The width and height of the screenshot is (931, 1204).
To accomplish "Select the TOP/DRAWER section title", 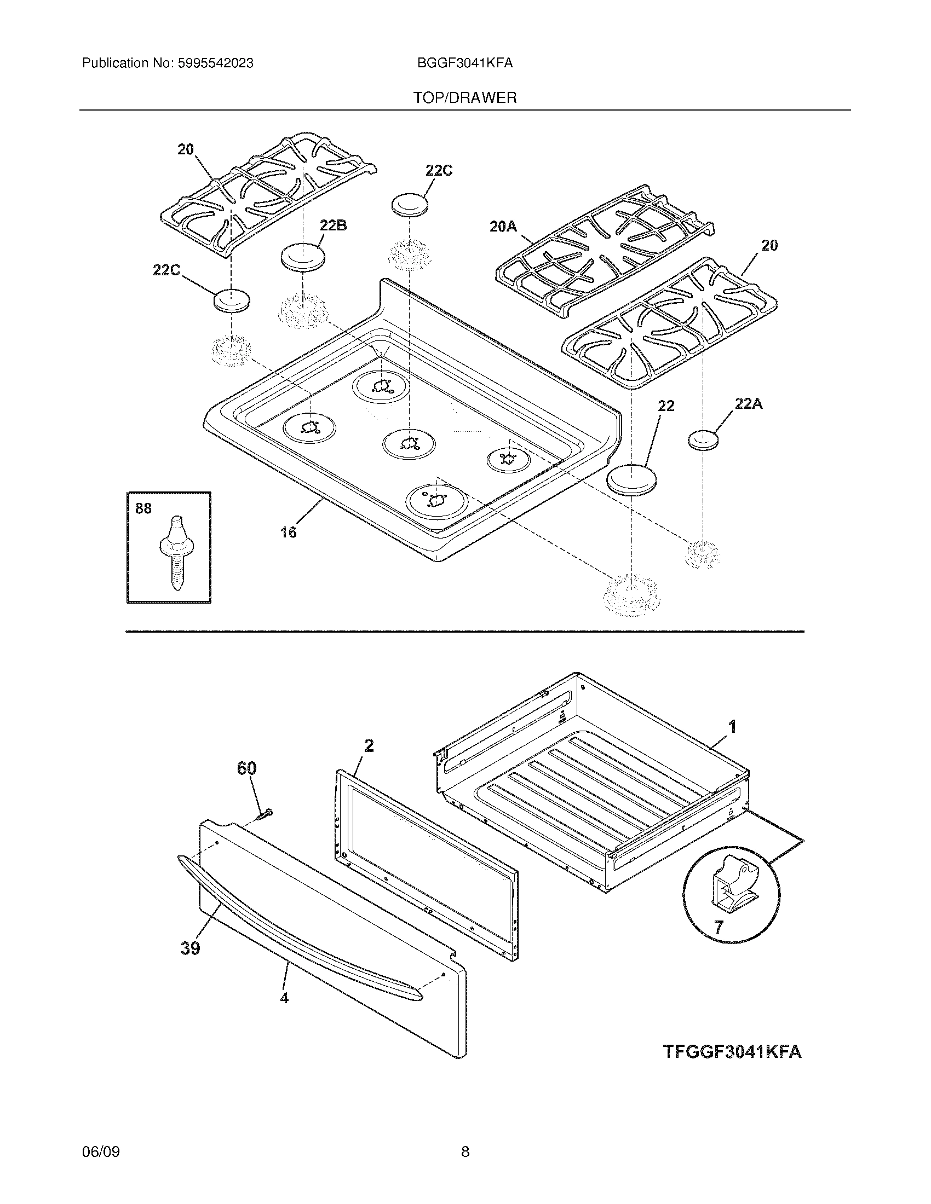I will click(x=465, y=98).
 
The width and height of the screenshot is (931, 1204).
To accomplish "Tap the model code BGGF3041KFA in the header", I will click(x=465, y=63).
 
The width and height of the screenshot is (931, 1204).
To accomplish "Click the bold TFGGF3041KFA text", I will click(x=732, y=1051).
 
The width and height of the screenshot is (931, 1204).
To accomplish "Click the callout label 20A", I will click(x=503, y=226).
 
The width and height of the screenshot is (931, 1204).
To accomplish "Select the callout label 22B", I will click(x=333, y=225).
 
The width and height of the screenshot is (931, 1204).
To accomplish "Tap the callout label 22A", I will click(x=749, y=404).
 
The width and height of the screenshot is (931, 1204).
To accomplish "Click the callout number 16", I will click(x=288, y=532).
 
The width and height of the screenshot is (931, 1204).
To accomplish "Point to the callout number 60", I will click(x=246, y=768).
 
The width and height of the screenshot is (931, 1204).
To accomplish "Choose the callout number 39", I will click(x=190, y=948).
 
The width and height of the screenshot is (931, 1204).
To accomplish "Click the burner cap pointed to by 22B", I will click(x=302, y=257).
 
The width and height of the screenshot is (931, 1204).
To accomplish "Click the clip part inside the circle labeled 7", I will click(x=731, y=887).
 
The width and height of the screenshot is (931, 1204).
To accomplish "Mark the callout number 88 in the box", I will click(x=143, y=508).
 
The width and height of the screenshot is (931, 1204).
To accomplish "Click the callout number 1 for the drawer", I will click(x=732, y=727).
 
